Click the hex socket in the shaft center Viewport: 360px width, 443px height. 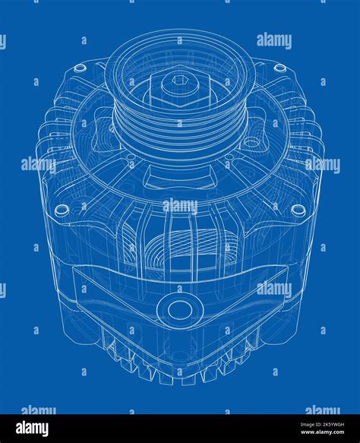pos(179,80)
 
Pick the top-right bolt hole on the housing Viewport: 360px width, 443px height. pos(280,68)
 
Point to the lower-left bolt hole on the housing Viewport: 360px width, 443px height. pos(62,209)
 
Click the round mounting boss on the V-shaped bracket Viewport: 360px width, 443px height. pos(180,309)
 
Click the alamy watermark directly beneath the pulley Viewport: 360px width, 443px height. pos(180,206)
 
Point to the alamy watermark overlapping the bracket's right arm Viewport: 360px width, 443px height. pos(274,290)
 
